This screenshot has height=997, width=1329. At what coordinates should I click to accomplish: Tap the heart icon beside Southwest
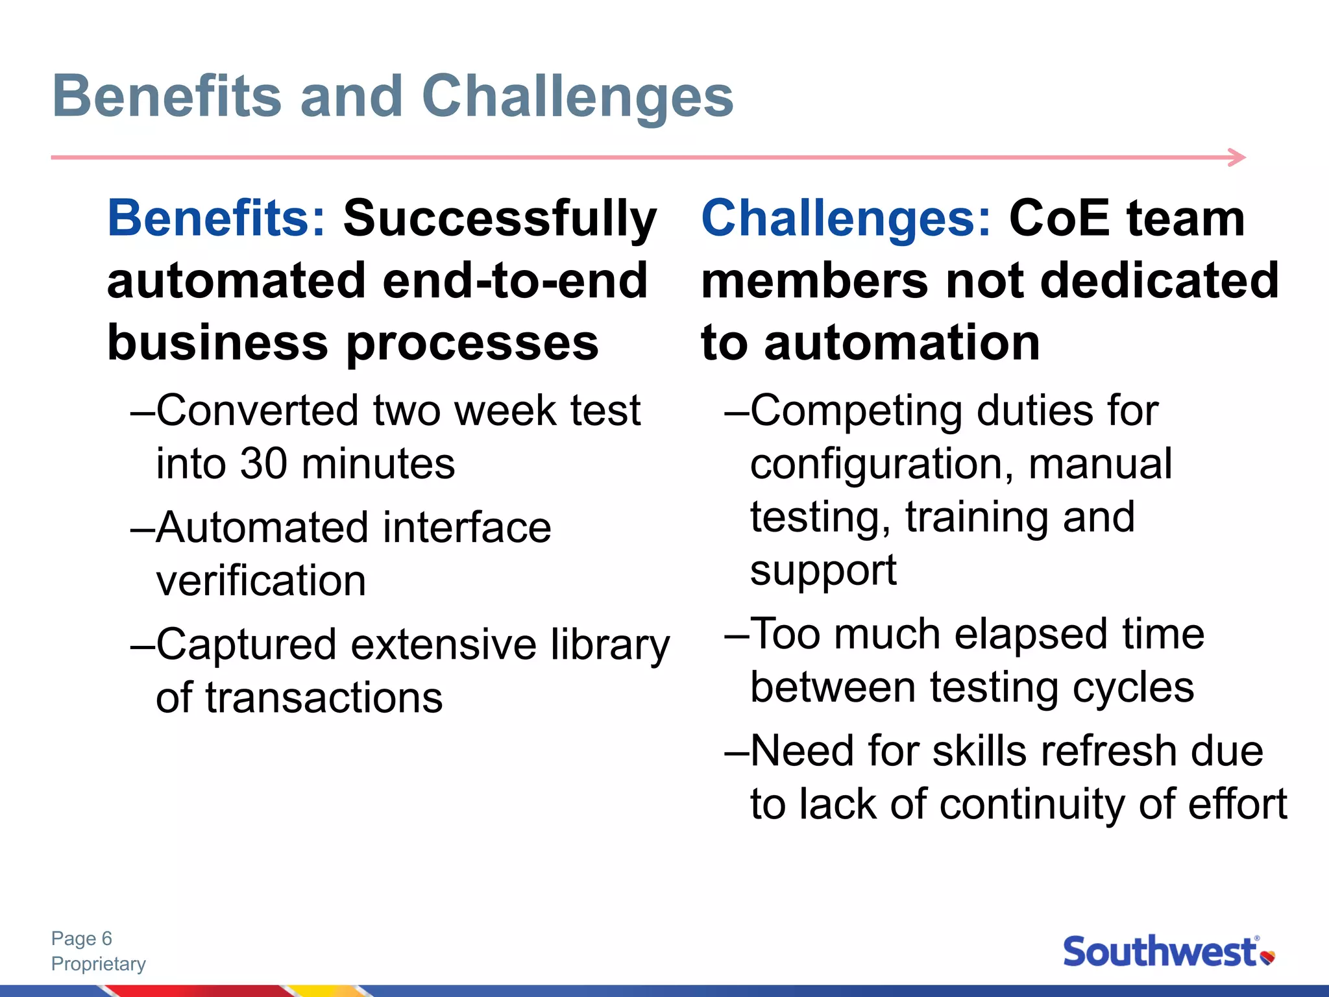coord(1267,957)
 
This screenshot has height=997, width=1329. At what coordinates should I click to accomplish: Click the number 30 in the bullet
coord(263,464)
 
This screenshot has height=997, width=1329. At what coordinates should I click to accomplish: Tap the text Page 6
coord(82,939)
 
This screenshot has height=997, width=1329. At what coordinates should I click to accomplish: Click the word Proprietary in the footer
coord(99,964)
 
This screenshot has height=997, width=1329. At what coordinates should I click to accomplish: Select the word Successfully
coord(500,219)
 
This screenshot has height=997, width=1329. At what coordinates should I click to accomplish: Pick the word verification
coord(261,581)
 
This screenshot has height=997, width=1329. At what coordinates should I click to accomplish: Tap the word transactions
coord(324,698)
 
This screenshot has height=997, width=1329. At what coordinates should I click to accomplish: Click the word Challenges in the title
coord(578,97)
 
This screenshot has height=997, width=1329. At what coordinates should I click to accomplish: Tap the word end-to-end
coord(515,281)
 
